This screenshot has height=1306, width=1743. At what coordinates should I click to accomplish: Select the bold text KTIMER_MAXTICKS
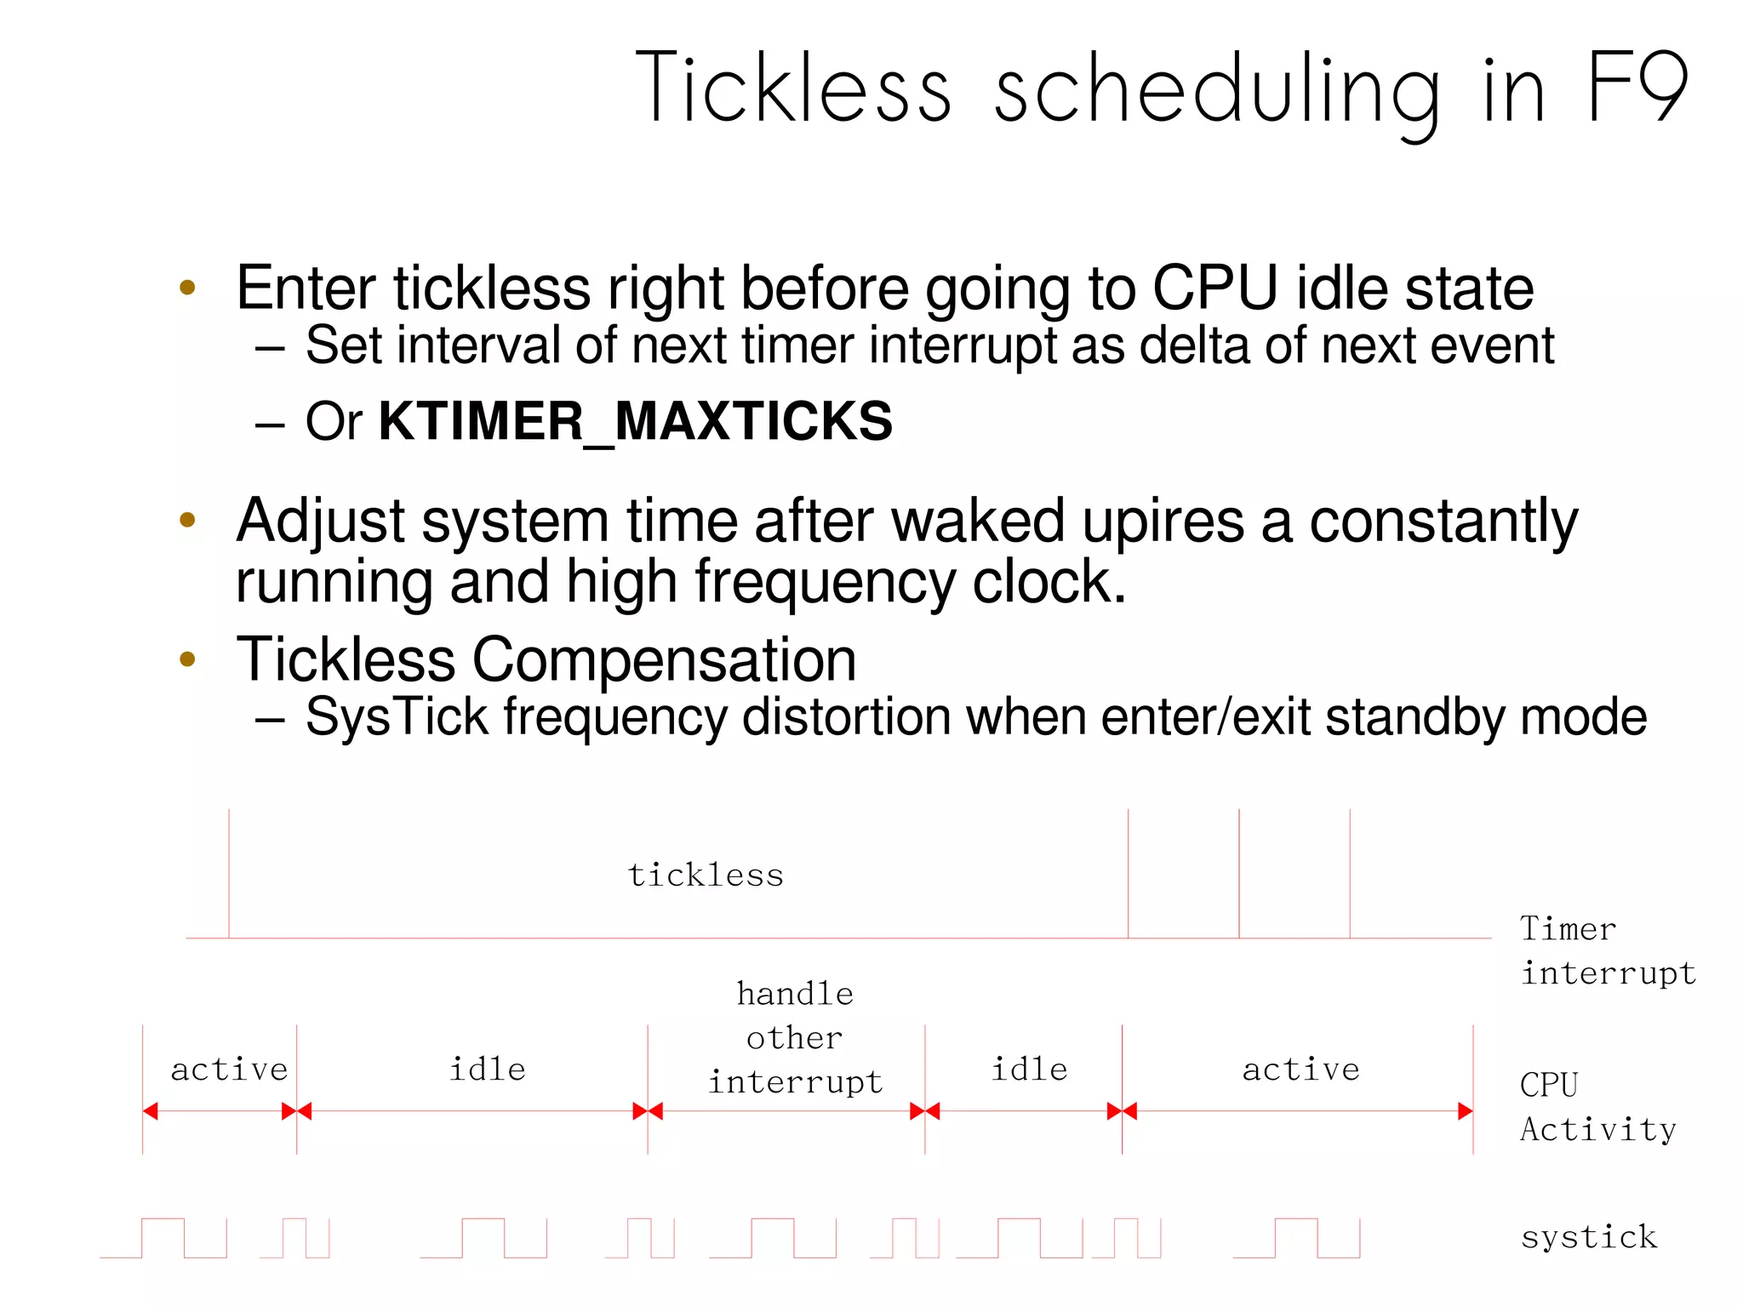635,421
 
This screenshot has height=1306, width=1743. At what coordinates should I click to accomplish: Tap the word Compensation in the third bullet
664,660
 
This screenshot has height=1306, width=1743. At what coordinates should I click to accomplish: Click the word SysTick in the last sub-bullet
397,717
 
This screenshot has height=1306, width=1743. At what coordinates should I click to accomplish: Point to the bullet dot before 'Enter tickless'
188,288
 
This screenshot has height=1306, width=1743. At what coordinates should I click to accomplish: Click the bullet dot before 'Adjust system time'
188,519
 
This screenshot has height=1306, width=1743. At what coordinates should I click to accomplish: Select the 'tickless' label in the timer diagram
706,875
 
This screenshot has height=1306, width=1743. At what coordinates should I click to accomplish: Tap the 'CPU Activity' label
1597,1107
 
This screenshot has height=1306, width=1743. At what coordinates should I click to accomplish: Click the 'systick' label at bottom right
1588,1236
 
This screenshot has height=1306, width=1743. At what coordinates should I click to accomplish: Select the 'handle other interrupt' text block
795,1038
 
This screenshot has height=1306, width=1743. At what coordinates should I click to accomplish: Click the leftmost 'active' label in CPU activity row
229,1069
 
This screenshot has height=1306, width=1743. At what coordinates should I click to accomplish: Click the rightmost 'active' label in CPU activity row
1300,1069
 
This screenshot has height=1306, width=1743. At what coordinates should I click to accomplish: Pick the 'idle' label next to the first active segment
488,1069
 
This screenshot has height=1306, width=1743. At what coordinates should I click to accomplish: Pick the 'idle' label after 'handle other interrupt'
1029,1069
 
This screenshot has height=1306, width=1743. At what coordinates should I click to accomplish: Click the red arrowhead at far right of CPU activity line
1465,1111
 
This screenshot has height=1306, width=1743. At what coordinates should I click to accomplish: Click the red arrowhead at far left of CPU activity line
151,1111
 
